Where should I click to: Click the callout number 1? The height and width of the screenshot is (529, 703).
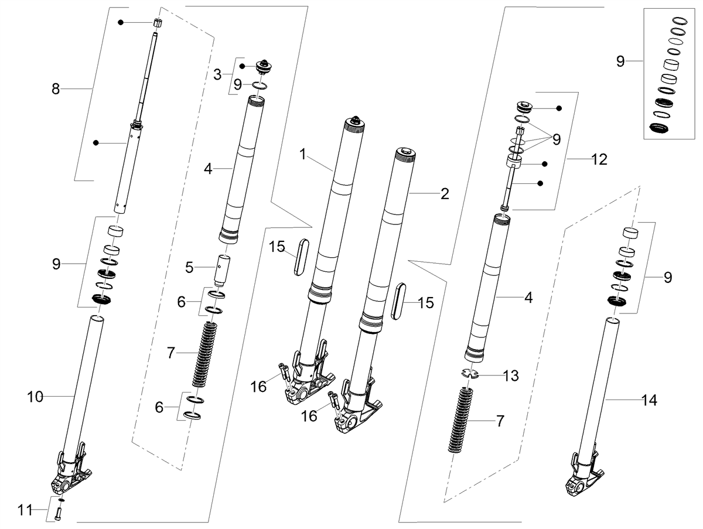point(303,154)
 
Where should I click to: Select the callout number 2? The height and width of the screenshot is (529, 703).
point(445,194)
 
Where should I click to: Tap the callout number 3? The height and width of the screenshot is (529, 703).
point(217,74)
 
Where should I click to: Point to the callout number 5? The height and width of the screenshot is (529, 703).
point(189,267)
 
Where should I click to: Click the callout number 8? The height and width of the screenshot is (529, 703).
point(56,88)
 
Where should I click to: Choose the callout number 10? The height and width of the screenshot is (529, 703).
point(35,397)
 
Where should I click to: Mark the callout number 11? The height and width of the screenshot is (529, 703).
point(25,510)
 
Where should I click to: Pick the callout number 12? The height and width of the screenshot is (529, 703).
point(599,159)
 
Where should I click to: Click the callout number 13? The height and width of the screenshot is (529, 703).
point(511,376)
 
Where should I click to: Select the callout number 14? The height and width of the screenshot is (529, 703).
point(649,400)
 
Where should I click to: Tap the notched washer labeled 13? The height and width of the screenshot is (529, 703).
point(469,373)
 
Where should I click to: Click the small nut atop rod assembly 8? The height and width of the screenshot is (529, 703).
point(157,23)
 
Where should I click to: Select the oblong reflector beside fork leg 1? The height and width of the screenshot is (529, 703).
point(301,257)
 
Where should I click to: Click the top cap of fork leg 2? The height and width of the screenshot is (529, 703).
point(406,153)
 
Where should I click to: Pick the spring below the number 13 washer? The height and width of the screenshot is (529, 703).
point(460,420)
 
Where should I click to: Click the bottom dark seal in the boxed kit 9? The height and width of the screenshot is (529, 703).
point(659,128)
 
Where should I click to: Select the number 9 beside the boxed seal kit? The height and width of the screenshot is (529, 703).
point(620,61)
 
